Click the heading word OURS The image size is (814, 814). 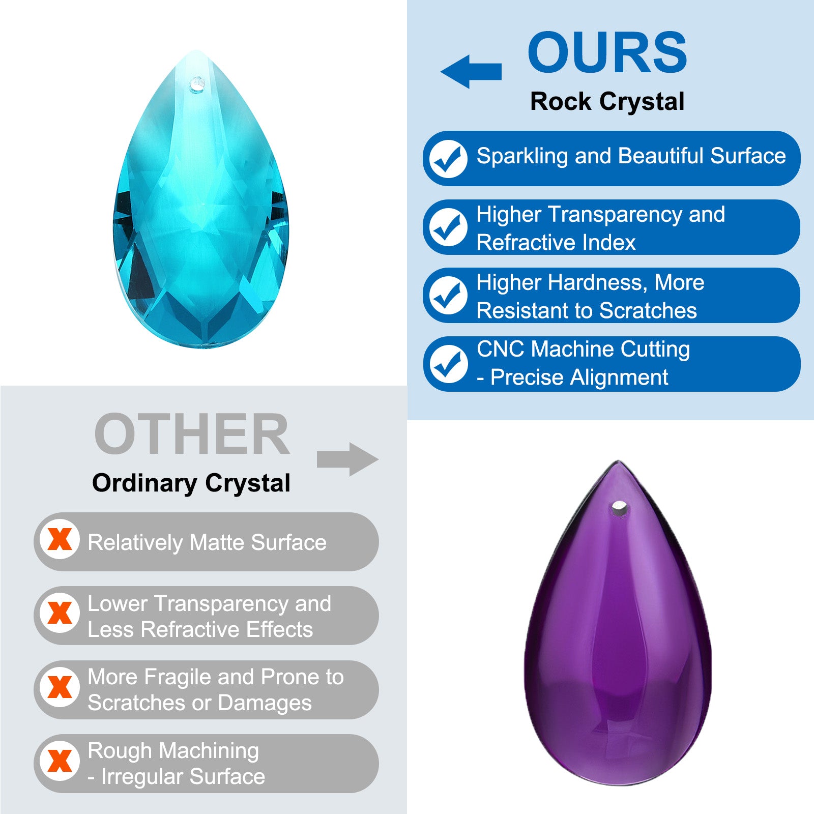607,52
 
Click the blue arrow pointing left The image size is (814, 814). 471,71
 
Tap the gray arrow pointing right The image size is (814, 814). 347,459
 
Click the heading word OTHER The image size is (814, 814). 192,434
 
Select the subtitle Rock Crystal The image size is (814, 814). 607,102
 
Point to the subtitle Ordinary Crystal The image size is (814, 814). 191,483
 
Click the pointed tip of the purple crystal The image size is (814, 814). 619,461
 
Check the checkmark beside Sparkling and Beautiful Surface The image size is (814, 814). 448,159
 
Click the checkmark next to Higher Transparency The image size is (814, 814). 448,227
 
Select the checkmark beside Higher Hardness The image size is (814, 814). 448,295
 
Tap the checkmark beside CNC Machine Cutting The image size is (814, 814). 448,364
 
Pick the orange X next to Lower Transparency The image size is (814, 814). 60,613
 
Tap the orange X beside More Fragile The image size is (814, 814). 60,687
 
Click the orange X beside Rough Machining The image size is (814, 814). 60,761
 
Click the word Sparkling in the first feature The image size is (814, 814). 522,157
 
